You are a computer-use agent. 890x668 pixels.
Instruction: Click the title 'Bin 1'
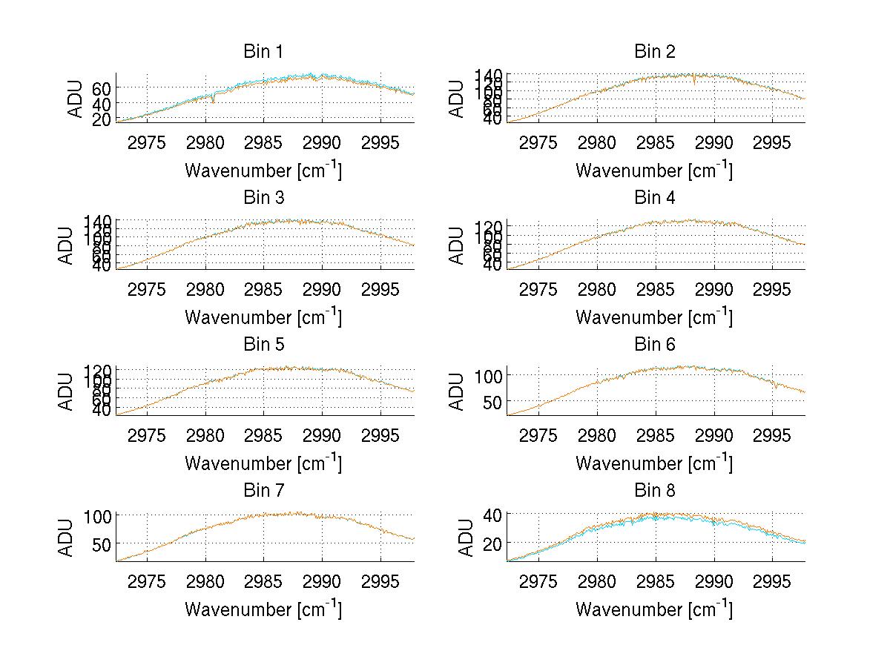pos(263,52)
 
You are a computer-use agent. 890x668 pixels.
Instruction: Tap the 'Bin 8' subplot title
pos(654,491)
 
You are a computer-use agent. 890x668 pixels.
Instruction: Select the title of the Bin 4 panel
pos(654,198)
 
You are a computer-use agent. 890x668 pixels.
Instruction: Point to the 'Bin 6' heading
pos(654,345)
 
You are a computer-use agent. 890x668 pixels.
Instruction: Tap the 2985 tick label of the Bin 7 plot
pos(264,581)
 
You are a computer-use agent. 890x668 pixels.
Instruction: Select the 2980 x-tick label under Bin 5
pos(205,435)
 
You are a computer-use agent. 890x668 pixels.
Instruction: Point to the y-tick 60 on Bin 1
pos(102,87)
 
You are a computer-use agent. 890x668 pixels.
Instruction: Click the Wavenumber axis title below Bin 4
pos(654,317)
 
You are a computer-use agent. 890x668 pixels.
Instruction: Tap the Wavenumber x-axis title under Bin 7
pos(263,609)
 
